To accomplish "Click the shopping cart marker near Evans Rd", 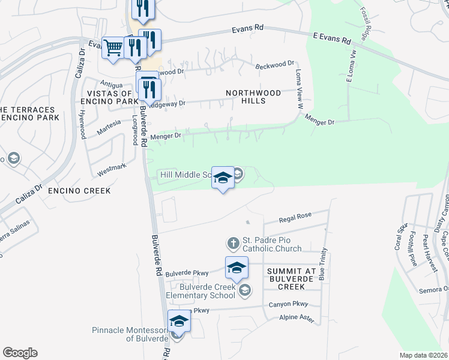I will point(113,48).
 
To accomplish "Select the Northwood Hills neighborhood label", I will point(253,97).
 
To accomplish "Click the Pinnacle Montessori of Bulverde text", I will point(130,334).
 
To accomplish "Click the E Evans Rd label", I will point(331,38).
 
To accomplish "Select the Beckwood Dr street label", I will point(275,64).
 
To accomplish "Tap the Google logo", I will point(20,353).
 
